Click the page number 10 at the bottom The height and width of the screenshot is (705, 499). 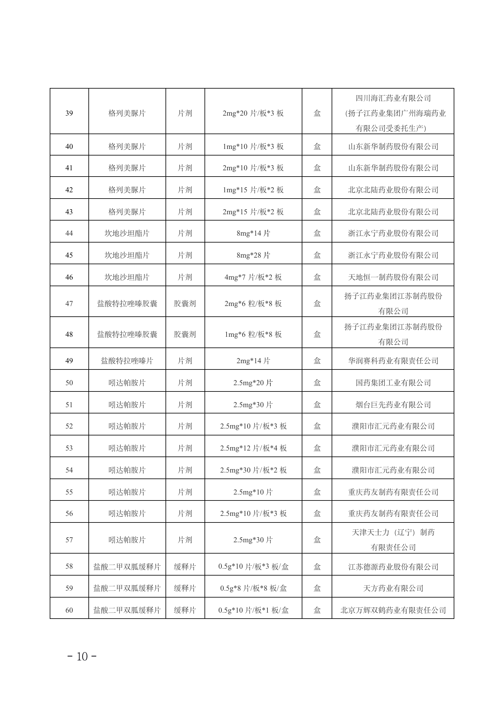(x=82, y=657)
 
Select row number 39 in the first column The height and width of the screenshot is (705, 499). (x=69, y=113)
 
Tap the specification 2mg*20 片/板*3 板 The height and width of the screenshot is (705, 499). (x=253, y=113)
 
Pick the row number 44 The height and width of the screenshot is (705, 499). (x=69, y=233)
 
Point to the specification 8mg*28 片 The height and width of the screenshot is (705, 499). (x=253, y=255)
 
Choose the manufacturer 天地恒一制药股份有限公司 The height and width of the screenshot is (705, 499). (x=393, y=277)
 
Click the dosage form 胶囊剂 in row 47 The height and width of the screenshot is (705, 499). (x=185, y=303)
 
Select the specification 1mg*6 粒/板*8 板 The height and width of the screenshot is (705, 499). (x=253, y=334)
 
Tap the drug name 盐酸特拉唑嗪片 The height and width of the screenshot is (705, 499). (x=127, y=361)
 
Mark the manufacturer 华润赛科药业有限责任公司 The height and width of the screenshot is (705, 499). (x=393, y=361)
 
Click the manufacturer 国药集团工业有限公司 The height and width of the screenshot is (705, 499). (x=393, y=383)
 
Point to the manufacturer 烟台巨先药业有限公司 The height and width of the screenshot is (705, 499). (x=393, y=405)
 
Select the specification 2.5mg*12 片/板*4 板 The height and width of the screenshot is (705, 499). (x=253, y=448)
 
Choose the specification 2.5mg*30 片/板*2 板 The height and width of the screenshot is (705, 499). (x=253, y=470)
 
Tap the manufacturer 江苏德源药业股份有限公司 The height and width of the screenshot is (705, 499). (x=393, y=567)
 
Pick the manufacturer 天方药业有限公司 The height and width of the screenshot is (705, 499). (x=393, y=588)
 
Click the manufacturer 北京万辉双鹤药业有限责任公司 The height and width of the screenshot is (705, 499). (x=393, y=610)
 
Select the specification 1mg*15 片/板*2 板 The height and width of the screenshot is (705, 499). (x=253, y=190)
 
